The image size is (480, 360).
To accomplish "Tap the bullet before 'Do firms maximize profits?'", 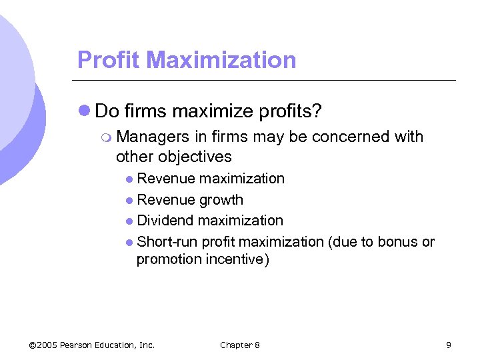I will click(x=85, y=109).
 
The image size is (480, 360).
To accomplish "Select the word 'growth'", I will click(x=222, y=200).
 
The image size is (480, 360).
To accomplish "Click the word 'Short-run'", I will click(x=166, y=242).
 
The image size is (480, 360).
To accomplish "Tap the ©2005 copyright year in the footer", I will click(x=44, y=345).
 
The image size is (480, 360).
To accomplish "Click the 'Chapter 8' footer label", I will click(x=240, y=345).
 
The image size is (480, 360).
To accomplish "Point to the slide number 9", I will click(x=449, y=345).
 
